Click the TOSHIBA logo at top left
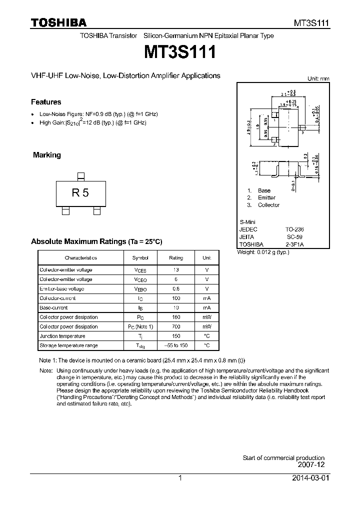point(58,22)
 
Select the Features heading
point(46,102)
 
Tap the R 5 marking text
point(80,192)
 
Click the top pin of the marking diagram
point(80,175)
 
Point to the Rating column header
point(176,258)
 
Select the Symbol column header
point(140,258)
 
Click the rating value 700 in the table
point(176,326)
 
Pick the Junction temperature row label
point(62,336)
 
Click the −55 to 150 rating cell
point(176,345)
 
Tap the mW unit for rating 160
point(206,317)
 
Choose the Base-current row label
point(53,307)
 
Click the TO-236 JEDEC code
point(294,229)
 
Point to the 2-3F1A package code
point(294,244)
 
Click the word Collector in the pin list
point(268,205)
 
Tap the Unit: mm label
point(318,79)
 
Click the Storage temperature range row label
point(69,345)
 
